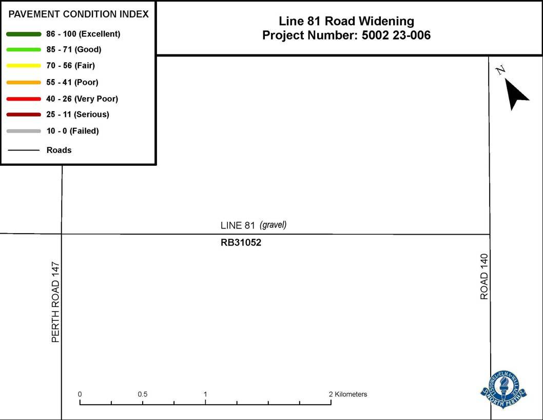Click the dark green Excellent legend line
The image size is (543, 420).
[x=24, y=34]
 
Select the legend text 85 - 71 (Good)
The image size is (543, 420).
[x=74, y=50]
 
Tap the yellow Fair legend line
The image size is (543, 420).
[x=24, y=66]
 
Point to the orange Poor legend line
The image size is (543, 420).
[x=24, y=82]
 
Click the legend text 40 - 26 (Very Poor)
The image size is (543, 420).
[x=82, y=99]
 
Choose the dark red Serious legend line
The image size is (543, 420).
[x=24, y=114]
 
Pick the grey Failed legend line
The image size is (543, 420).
[x=24, y=131]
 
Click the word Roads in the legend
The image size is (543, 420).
[x=59, y=150]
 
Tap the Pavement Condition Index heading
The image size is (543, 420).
[x=79, y=14]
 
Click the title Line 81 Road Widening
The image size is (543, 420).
[x=346, y=21]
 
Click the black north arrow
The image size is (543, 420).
[x=516, y=93]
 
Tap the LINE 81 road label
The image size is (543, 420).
[x=238, y=225]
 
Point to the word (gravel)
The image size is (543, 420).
[x=273, y=225]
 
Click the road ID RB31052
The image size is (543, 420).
[x=241, y=243]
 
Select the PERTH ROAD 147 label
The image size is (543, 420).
[x=56, y=302]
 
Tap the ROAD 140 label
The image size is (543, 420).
[x=484, y=276]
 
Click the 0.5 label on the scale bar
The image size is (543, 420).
[x=143, y=394]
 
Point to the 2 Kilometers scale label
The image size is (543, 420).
[x=348, y=394]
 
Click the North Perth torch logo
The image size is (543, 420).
[x=503, y=388]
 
